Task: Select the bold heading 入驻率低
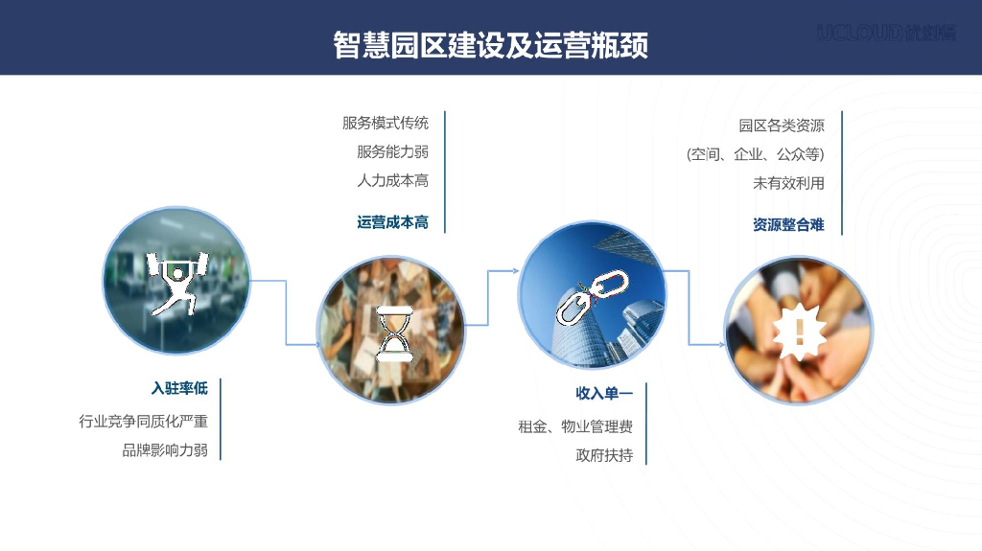[179, 389]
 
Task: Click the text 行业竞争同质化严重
[144, 422]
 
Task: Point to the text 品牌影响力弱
[165, 450]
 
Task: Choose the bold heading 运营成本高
[392, 222]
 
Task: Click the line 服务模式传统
[386, 123]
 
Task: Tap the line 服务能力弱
[392, 151]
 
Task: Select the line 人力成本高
[392, 180]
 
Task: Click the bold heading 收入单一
[604, 394]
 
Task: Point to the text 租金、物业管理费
[575, 427]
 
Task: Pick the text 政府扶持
[604, 456]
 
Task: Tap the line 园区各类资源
[782, 126]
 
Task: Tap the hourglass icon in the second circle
[392, 331]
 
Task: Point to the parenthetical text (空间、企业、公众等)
[756, 154]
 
